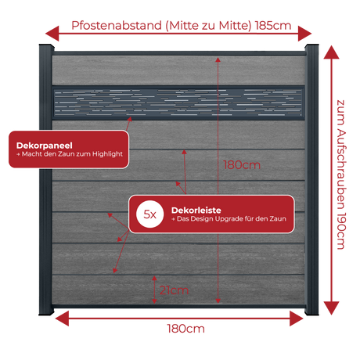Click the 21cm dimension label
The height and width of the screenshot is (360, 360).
pos(174,290)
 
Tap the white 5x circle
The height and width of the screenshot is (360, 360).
pos(150,214)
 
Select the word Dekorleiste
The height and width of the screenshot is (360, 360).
pos(196,211)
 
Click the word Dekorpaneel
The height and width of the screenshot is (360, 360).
pos(45,146)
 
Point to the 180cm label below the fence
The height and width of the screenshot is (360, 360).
pos(185,329)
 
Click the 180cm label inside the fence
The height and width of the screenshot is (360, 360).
pos(242,165)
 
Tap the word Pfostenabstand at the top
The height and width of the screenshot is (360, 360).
pos(117,26)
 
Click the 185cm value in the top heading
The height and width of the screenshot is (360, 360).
pos(273,26)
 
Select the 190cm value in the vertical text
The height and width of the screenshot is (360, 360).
pos(341,232)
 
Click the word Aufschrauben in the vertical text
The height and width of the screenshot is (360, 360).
pos(341,170)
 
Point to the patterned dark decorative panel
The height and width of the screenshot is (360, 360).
pos(178,103)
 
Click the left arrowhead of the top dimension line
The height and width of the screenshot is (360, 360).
pos(52,34)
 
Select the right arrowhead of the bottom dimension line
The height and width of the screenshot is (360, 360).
pos(297,319)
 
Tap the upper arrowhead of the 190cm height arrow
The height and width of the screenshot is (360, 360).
pos(331,52)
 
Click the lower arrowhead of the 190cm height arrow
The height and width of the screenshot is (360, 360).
pos(331,308)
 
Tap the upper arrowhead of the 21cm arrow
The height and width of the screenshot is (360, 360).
pos(154,278)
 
